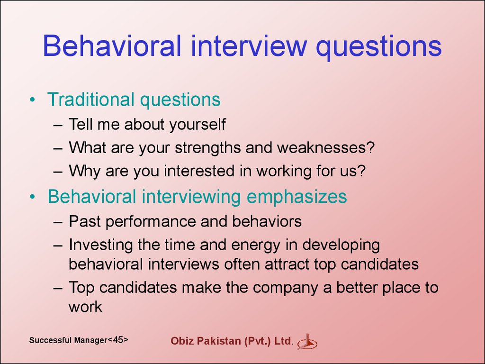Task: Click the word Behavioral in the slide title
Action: pos(112,45)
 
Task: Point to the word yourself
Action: pos(198,125)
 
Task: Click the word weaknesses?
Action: pos(326,147)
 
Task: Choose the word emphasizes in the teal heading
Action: pos(296,197)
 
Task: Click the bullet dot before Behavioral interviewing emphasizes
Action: pos(33,197)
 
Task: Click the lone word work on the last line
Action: pos(85,307)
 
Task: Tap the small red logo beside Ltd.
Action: pos(307,342)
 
